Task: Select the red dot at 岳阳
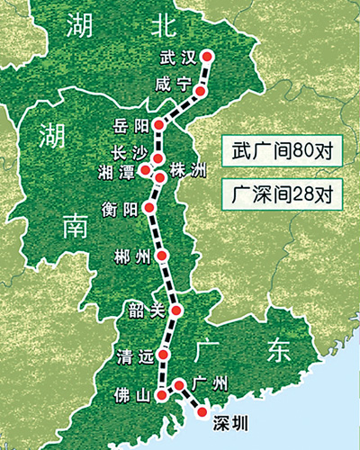coord(159,124)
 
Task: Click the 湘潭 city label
coord(123,171)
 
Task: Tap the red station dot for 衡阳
coord(150,207)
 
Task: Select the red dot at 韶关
coord(176,310)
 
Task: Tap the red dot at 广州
coord(179,384)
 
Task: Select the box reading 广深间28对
coord(283,191)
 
